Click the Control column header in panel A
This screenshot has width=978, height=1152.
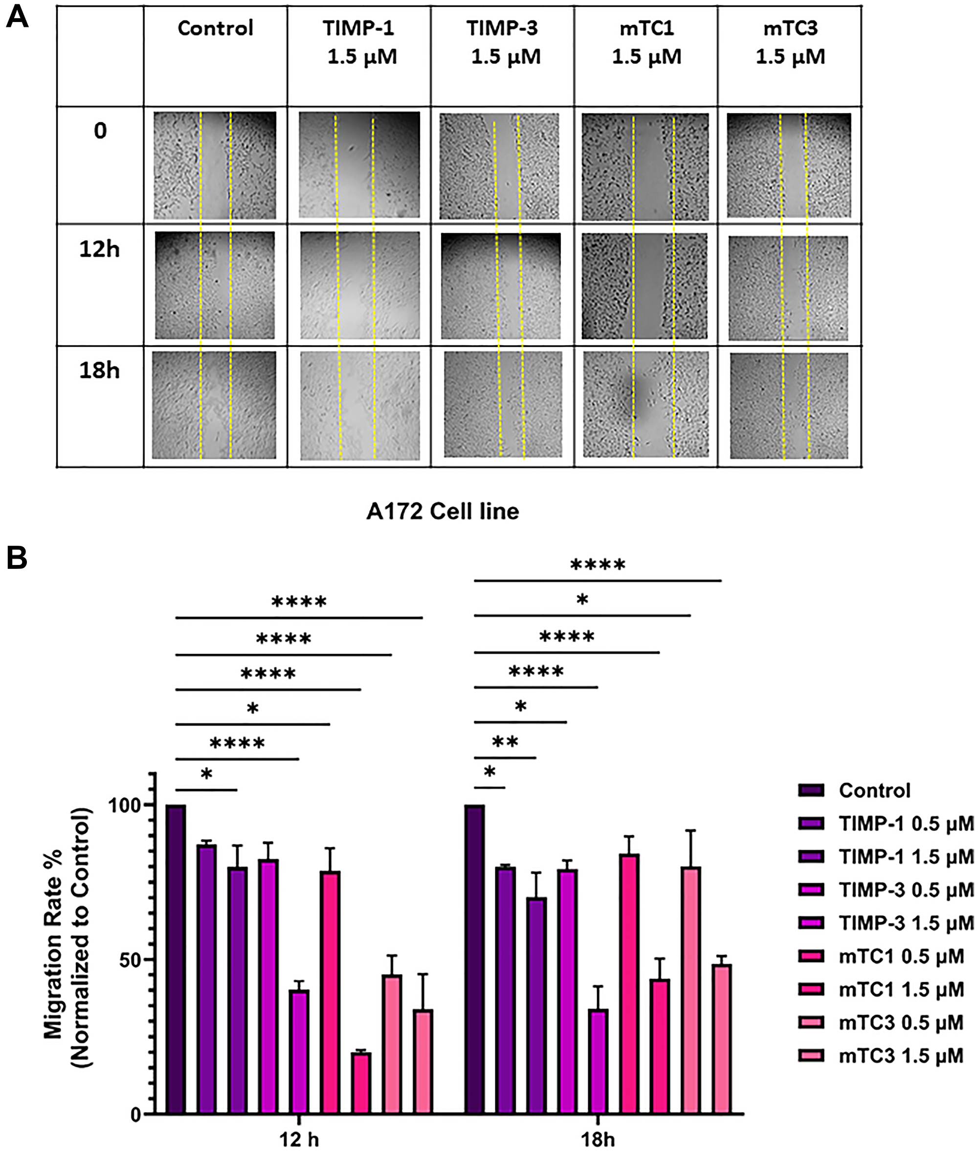click(x=215, y=28)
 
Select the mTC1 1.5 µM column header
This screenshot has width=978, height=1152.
click(x=646, y=43)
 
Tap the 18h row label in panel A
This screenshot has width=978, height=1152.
click(x=99, y=370)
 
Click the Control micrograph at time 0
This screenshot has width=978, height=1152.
click(x=215, y=165)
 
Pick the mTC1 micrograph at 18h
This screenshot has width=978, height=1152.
click(x=645, y=405)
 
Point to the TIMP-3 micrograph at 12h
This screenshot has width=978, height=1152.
click(x=501, y=285)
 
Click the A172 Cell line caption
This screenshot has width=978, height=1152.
click(x=443, y=511)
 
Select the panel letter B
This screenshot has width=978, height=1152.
click(x=17, y=559)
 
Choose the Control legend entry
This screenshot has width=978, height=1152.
click(x=874, y=791)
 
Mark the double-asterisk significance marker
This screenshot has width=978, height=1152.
click(x=505, y=742)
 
